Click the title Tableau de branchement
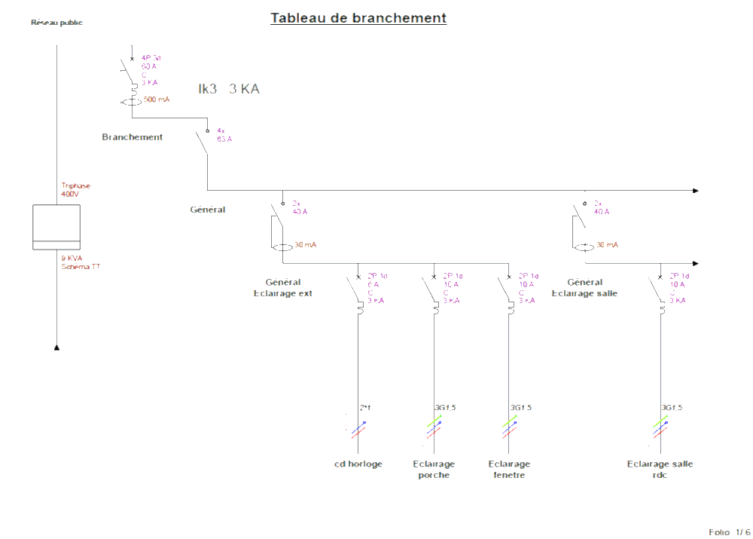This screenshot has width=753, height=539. tap(358, 18)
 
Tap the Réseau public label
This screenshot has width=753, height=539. tap(56, 23)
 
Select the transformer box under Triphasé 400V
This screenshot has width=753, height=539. tap(56, 227)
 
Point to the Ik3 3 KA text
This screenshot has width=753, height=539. tap(229, 89)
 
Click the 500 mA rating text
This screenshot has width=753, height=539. tap(157, 100)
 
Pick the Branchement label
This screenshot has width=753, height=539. tap(133, 137)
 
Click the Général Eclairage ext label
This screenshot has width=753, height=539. tap(283, 288)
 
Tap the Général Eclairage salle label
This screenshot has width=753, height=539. tap(584, 288)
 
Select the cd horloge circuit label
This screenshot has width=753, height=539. tap(358, 464)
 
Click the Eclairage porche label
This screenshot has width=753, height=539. tap(434, 470)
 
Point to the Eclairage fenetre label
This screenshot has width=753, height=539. tap(509, 470)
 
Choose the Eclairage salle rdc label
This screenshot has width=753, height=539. tap(660, 470)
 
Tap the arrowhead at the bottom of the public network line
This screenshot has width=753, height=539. tap(56, 348)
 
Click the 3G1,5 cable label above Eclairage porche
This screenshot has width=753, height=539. tap(445, 408)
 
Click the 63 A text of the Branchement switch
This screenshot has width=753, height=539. tap(224, 139)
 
